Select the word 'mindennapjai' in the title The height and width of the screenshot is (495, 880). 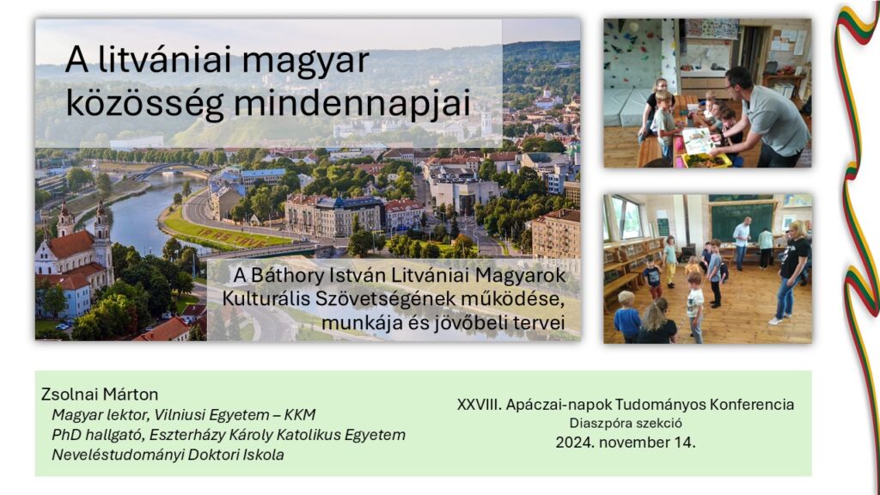click(x=351, y=103)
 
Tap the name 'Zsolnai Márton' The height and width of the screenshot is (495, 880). click(x=100, y=394)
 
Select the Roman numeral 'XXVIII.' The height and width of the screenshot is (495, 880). click(x=480, y=405)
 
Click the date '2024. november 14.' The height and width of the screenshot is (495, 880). click(x=626, y=443)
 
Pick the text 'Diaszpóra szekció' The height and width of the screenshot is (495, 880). click(x=626, y=424)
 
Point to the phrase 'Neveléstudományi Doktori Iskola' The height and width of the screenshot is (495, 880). click(x=168, y=455)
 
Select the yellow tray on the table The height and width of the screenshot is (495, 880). click(x=706, y=161)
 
